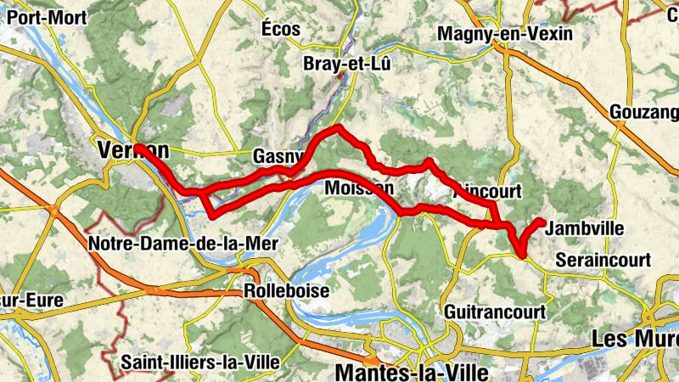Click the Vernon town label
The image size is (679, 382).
click(133, 150)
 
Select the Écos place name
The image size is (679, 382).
click(281, 29)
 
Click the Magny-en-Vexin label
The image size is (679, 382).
click(505, 34)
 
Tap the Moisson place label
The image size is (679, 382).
click(359, 187)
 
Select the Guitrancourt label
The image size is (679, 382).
click(493, 312)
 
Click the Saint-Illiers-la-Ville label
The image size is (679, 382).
click(200, 362)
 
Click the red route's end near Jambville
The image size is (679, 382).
click(542, 222)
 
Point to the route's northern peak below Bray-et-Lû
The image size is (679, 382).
click(338, 128)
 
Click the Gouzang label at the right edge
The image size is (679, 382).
click(644, 112)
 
